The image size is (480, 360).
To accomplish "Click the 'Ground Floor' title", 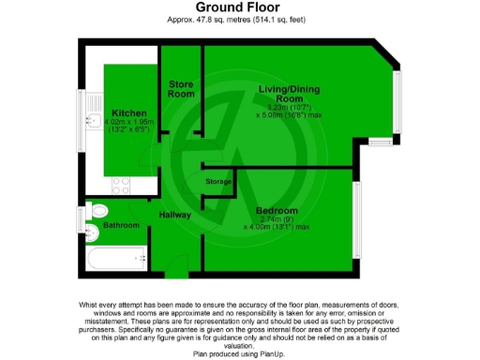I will tap(240, 7).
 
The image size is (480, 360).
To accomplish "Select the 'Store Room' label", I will tap(181, 89).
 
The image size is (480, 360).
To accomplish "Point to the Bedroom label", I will tap(277, 210).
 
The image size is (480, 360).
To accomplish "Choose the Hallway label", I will tap(174, 215).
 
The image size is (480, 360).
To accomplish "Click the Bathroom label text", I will tap(121, 225).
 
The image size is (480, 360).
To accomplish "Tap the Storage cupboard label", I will tap(219, 180).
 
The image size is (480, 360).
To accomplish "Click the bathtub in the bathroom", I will tap(112, 256).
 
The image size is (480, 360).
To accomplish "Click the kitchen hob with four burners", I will tap(122, 184).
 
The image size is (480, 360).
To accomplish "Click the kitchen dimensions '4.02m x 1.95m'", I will tap(129, 124).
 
